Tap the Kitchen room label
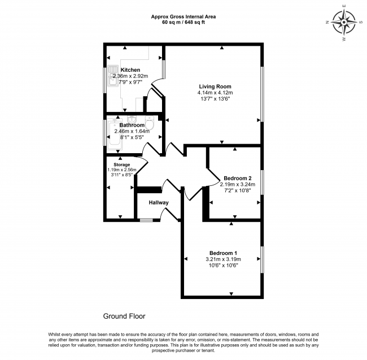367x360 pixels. [130, 70]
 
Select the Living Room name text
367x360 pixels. [215, 86]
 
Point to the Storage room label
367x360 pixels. [123, 164]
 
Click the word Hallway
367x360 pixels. [159, 202]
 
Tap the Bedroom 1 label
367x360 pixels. [223, 253]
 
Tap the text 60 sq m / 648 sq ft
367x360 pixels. [183, 23]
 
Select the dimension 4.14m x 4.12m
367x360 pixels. [215, 93]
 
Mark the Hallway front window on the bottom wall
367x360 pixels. [146, 220]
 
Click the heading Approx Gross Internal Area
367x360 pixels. [183, 16]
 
